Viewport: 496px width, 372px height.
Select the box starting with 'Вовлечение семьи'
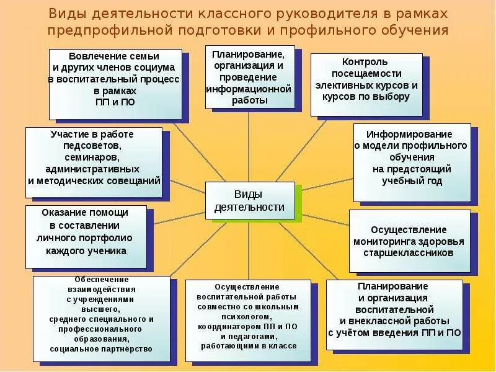point(115,84)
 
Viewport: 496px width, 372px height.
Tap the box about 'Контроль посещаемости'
point(366,85)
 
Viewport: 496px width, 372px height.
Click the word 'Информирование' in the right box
point(409,134)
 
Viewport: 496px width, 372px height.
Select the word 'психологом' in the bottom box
point(247,316)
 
